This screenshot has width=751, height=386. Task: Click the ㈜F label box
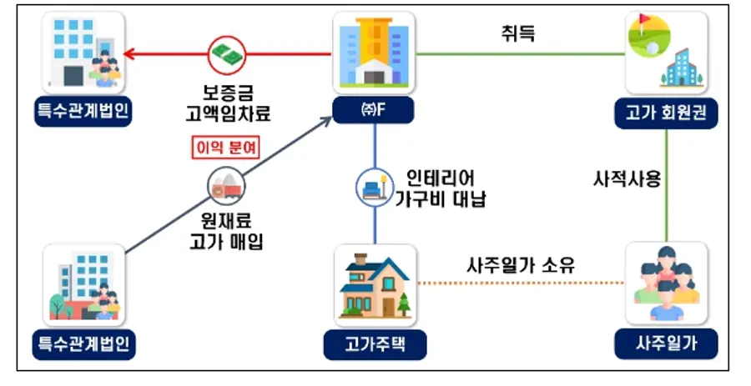[373, 110]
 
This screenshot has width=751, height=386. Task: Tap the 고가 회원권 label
[666, 113]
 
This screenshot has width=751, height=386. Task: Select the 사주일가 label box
[666, 343]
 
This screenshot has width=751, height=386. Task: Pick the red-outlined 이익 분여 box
[226, 148]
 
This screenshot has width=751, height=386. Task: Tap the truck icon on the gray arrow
[226, 187]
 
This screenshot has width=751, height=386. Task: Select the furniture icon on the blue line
[375, 188]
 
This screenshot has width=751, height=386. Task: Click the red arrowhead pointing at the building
[129, 54]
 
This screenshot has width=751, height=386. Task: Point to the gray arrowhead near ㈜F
[327, 119]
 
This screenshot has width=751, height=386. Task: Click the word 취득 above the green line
[517, 33]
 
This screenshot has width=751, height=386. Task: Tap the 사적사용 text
[627, 179]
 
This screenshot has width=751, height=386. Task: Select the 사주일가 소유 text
[521, 264]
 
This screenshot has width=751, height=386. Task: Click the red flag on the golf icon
[645, 20]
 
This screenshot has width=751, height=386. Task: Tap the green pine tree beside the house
[403, 303]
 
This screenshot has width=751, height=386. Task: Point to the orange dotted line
[522, 283]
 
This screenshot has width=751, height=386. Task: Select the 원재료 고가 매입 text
[226, 232]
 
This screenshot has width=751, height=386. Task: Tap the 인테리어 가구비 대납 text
[440, 188]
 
